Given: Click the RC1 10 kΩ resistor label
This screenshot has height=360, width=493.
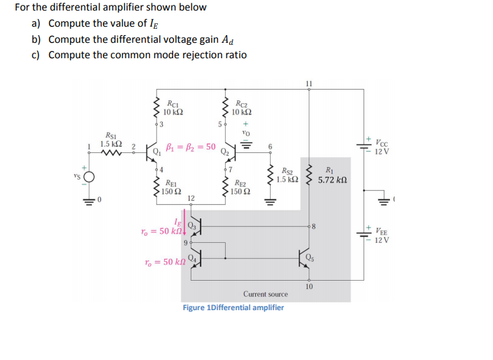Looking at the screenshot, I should click(x=173, y=107).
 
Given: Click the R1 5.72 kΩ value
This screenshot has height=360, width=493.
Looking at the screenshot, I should click(x=332, y=180).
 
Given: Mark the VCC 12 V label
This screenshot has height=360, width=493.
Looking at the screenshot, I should click(x=386, y=146).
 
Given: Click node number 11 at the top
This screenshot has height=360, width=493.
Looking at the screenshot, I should click(x=309, y=84).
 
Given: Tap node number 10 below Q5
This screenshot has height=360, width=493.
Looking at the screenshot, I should click(x=309, y=286).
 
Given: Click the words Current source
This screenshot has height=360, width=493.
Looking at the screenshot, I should click(x=266, y=294).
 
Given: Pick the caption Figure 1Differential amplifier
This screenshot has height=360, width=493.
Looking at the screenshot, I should click(x=234, y=307).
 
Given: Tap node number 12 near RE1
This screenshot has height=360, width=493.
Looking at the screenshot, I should click(x=190, y=199).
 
